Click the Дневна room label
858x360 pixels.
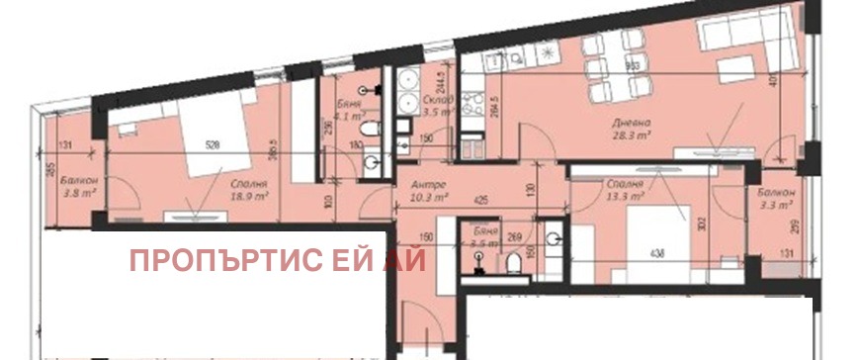(x=625, y=124)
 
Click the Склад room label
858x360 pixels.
(x=438, y=102)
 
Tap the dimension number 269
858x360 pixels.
(x=513, y=237)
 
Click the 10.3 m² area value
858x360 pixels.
(x=429, y=198)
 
